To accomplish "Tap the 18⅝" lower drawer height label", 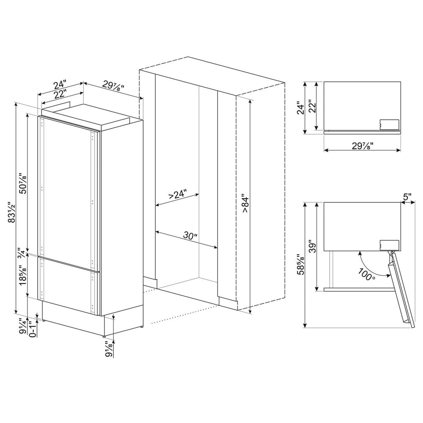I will pos(24,275).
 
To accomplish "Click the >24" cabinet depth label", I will pos(178,195).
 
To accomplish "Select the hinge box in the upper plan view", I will pos(390,124).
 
